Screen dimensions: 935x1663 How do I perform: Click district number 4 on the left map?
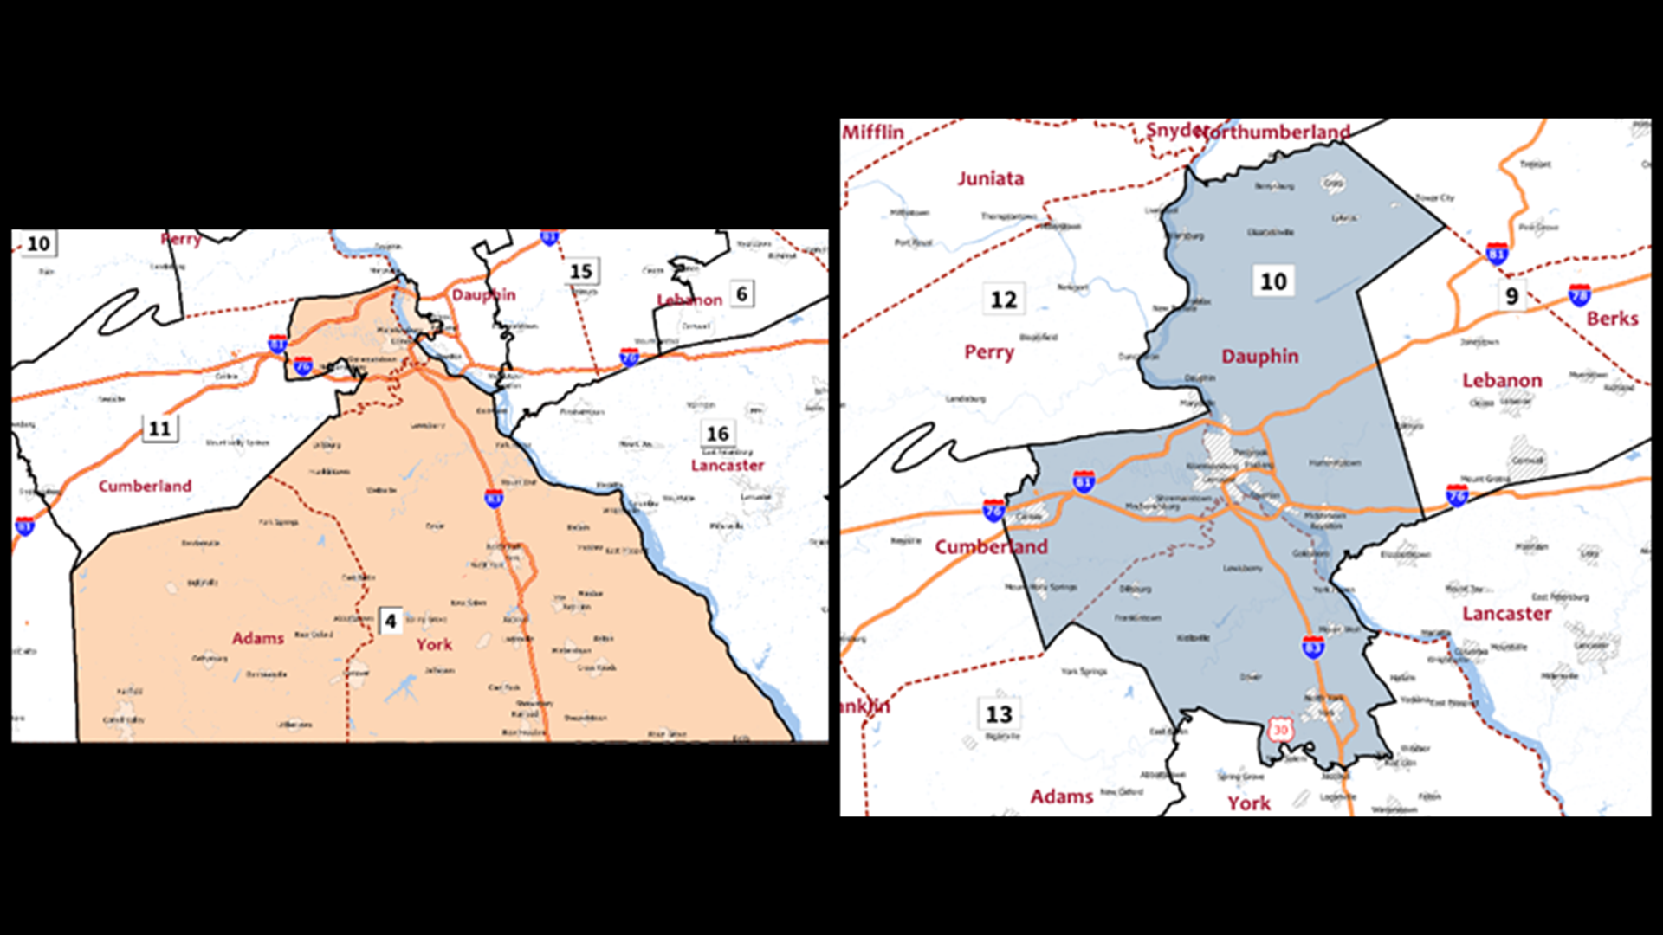[391, 621]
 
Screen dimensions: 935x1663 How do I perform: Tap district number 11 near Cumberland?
[160, 429]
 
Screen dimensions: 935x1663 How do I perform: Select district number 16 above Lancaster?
[718, 434]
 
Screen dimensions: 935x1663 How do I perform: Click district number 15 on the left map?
[581, 272]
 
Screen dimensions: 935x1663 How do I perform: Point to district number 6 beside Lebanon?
[741, 294]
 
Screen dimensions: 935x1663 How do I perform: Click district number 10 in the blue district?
[1273, 281]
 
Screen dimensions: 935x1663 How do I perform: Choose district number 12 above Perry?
[1004, 300]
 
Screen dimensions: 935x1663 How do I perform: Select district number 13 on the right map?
[999, 714]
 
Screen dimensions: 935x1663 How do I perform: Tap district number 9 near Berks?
[1511, 296]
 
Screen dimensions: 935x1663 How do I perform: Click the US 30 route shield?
[1280, 730]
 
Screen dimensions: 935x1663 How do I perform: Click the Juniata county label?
[990, 178]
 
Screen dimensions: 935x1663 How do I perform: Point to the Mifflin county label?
[873, 132]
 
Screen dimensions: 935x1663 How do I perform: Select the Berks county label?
[1612, 319]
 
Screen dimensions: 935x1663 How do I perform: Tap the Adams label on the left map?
[257, 638]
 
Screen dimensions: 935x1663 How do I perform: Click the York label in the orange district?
[434, 645]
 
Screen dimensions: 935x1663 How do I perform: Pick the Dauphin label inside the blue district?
[1259, 357]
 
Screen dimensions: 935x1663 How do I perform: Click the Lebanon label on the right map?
[1502, 381]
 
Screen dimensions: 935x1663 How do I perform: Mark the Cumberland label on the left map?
[145, 486]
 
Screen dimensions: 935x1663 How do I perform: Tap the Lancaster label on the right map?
[1506, 614]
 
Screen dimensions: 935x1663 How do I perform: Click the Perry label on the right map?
[988, 352]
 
